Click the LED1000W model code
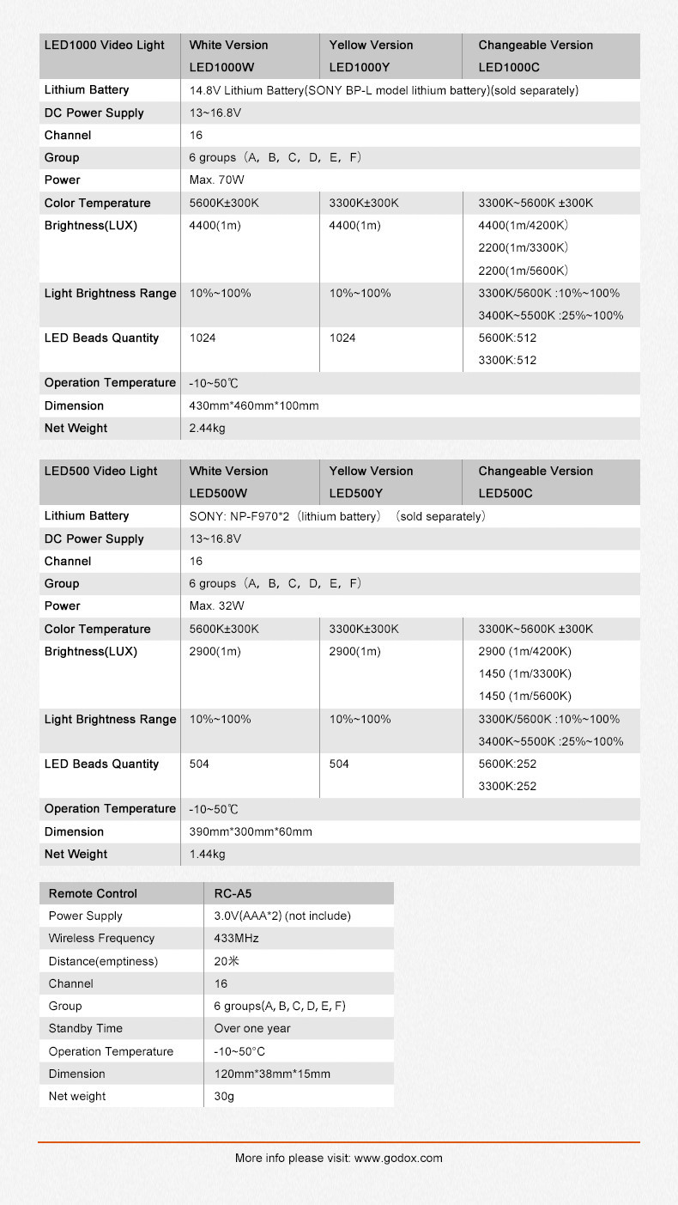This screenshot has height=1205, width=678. click(221, 67)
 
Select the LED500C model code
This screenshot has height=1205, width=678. click(505, 493)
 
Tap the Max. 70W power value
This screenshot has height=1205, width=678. click(216, 180)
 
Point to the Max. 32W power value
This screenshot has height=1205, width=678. click(216, 606)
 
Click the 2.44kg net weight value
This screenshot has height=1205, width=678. click(207, 429)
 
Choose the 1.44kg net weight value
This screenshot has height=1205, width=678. click(207, 855)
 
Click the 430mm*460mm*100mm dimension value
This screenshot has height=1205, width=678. click(254, 405)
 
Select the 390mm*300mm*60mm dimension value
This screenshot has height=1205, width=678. click(251, 831)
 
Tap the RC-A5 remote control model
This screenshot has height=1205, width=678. click(233, 893)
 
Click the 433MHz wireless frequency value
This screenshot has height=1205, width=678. click(237, 939)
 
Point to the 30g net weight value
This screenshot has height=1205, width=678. click(224, 1097)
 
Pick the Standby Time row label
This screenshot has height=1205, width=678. click(86, 1029)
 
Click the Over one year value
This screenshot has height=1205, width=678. click(252, 1029)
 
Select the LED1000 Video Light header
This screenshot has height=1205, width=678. click(105, 45)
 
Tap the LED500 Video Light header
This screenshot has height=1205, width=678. click(101, 471)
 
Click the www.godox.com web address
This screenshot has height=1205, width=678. click(398, 1158)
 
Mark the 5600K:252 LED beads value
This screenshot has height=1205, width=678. click(507, 764)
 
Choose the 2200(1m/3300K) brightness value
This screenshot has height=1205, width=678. click(524, 247)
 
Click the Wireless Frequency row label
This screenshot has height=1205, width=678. click(101, 939)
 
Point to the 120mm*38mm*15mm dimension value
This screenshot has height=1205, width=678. click(272, 1074)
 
